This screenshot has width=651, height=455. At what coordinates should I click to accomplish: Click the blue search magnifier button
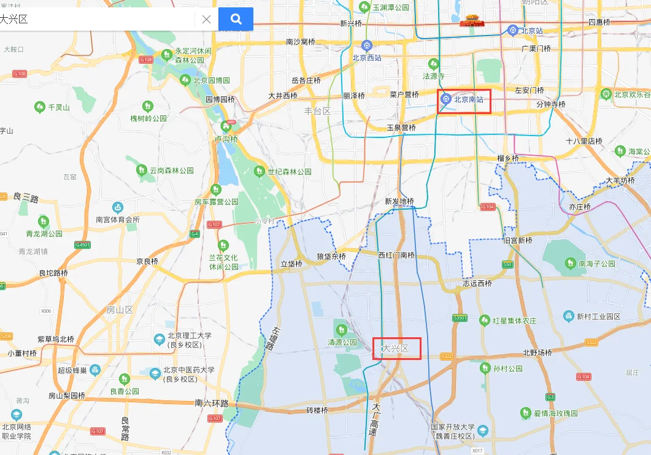tap(236, 19)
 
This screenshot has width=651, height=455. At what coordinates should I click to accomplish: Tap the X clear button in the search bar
tap(206, 19)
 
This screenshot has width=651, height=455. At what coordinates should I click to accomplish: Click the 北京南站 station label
tap(472, 100)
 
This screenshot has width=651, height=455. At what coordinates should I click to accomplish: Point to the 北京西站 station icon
tap(366, 45)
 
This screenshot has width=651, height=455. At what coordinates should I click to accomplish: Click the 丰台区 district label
tap(317, 111)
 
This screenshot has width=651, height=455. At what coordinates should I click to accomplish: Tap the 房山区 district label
tap(120, 310)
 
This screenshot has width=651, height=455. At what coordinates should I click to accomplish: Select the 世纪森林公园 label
tap(290, 172)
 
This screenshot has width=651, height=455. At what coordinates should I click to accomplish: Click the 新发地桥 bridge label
tap(399, 202)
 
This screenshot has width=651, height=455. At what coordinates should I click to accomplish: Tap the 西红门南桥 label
tap(396, 255)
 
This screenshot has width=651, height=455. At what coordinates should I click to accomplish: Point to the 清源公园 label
tap(342, 342)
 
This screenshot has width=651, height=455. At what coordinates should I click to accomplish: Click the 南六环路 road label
tap(212, 403)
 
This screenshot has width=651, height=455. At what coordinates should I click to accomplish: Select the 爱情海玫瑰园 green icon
tap(526, 413)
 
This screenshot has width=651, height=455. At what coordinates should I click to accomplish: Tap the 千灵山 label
tap(59, 107)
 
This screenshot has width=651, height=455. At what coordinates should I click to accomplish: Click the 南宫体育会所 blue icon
tap(117, 208)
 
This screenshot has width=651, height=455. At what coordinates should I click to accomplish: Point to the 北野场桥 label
tap(537, 353)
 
